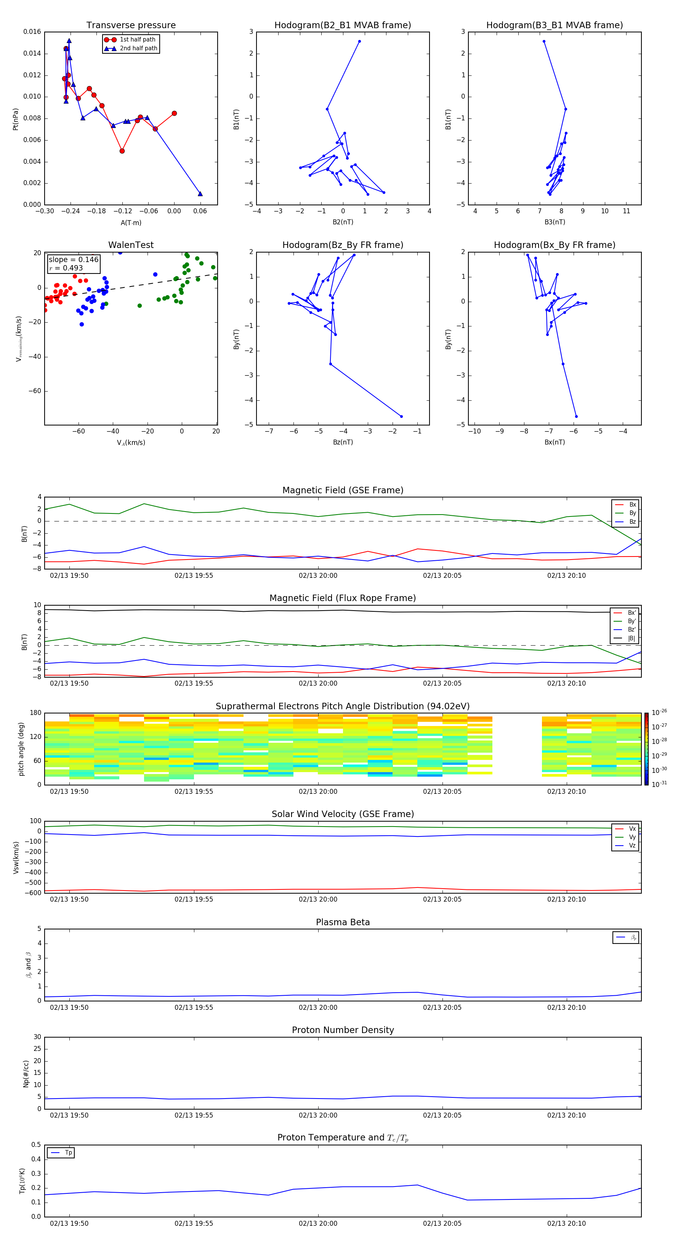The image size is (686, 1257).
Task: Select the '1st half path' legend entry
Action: pos(137,40)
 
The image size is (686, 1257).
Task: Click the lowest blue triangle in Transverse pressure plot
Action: pos(200,194)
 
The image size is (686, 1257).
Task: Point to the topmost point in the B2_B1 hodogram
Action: pos(359,42)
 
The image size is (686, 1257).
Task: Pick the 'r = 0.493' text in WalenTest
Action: pos(66,268)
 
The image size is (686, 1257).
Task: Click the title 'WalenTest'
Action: pos(131,245)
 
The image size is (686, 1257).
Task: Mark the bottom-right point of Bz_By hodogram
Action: pos(401,416)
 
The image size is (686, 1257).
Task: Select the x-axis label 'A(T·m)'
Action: pos(131,223)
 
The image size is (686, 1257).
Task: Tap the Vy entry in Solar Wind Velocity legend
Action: pos(632,837)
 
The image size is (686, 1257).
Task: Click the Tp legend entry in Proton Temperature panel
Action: pos(68,1153)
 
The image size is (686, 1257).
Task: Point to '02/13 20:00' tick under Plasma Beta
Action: pos(318,1007)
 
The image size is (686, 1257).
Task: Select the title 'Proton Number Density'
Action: pos(343,1030)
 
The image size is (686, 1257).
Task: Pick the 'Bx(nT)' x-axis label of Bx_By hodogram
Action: pos(555,442)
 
